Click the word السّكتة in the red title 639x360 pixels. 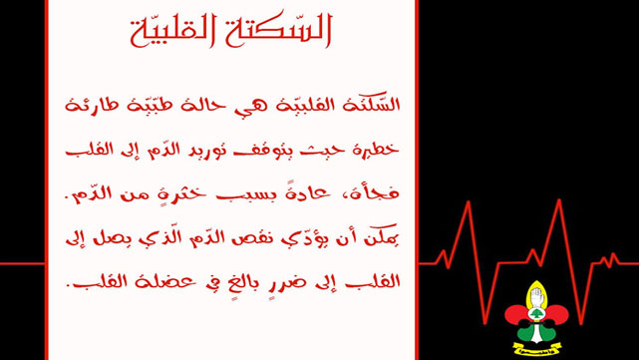coord(280,31)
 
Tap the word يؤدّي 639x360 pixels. coord(309,240)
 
